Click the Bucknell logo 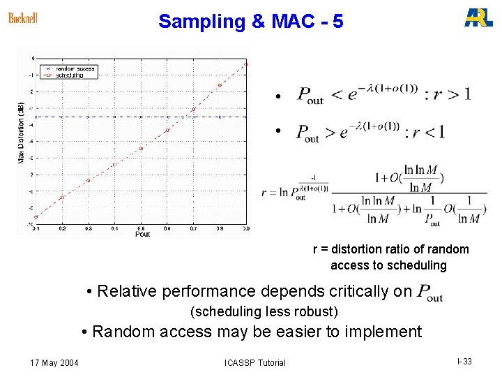click(23, 18)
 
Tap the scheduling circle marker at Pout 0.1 click(36, 217)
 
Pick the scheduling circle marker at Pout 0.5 click(141, 149)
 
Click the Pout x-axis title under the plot click(142, 234)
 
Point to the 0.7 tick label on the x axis click(193, 228)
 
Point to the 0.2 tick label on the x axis click(62, 228)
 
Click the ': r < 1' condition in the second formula click(425, 131)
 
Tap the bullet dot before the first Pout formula click(277, 96)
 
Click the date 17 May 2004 click(54, 362)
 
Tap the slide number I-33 click(464, 362)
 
